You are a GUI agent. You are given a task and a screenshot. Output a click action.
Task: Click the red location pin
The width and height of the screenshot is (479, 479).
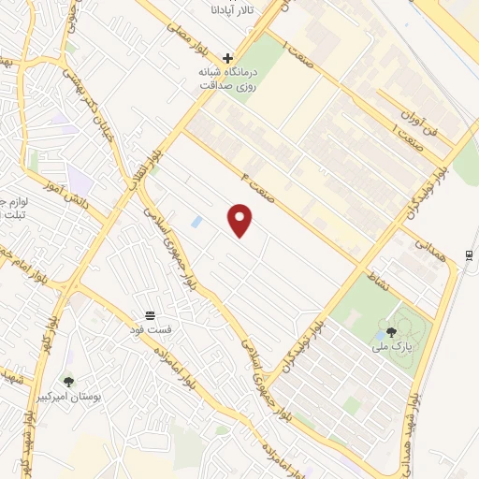[241, 220]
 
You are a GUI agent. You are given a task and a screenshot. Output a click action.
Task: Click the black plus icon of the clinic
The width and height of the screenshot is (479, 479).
[228, 57]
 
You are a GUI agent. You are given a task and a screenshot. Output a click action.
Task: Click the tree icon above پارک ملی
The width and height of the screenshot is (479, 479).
[391, 331]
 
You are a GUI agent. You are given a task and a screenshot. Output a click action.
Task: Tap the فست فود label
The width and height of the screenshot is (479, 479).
[150, 330]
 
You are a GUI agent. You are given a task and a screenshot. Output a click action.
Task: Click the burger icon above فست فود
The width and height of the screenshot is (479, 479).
[150, 314]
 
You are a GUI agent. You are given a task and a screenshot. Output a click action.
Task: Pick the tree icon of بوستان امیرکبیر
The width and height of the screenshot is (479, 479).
[67, 382]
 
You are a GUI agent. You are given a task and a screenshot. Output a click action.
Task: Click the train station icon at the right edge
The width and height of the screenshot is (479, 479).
[468, 256]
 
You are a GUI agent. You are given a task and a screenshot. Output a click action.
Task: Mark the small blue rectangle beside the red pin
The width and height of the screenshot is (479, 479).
[196, 222]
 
